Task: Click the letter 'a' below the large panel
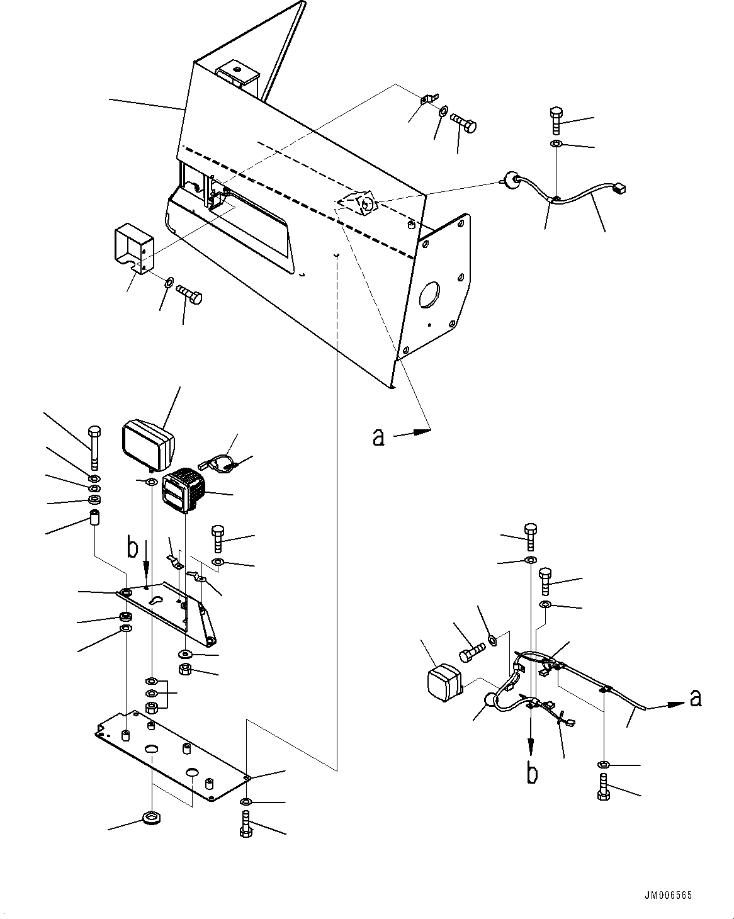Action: pyautogui.click(x=378, y=436)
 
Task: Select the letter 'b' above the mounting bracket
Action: pyautogui.click(x=132, y=548)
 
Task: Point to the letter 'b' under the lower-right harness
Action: pyautogui.click(x=532, y=772)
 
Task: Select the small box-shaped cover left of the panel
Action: pyautogui.click(x=133, y=250)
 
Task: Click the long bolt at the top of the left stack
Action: pyautogui.click(x=94, y=448)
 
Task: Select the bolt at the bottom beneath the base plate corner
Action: pyautogui.click(x=246, y=825)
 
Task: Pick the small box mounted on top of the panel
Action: pyautogui.click(x=239, y=76)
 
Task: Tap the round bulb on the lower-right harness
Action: pyautogui.click(x=489, y=700)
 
